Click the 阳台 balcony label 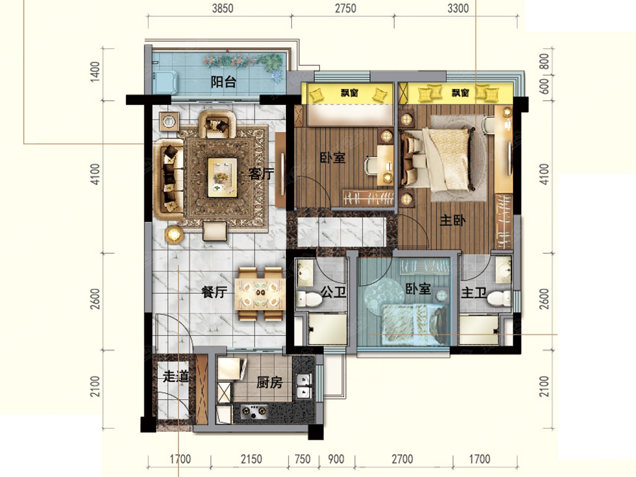[223, 82]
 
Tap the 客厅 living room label [261, 174]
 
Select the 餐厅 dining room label [214, 292]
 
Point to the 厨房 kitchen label [269, 383]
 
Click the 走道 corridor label [175, 376]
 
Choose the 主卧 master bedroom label [453, 220]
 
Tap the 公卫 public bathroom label [333, 292]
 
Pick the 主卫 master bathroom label [474, 293]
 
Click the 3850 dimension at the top [223, 8]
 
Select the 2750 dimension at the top [346, 8]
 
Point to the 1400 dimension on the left [95, 72]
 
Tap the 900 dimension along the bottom [336, 459]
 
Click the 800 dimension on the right [545, 61]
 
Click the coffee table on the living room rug [222, 177]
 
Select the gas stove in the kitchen [254, 411]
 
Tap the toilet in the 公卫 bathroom [309, 299]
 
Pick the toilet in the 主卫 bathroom [499, 298]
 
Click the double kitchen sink [304, 386]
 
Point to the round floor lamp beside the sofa [174, 234]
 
